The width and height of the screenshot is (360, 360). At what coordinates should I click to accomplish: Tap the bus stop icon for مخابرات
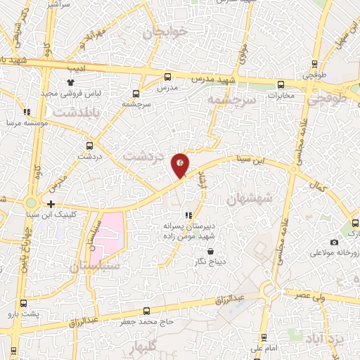click(x=281, y=83)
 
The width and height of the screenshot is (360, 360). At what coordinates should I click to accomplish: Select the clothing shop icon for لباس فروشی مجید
click(x=71, y=82)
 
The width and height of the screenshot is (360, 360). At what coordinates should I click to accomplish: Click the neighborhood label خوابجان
click(x=166, y=32)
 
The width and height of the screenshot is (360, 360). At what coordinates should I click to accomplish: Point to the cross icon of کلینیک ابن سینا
click(x=51, y=204)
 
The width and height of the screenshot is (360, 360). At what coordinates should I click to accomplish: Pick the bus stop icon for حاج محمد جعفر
click(x=146, y=311)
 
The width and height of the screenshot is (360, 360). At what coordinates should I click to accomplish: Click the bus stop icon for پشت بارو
click(x=25, y=303)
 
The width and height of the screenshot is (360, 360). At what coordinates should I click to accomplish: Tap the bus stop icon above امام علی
click(x=264, y=337)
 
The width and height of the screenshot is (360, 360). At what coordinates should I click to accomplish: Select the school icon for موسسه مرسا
click(x=27, y=112)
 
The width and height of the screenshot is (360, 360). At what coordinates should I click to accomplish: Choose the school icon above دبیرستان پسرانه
click(x=187, y=215)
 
